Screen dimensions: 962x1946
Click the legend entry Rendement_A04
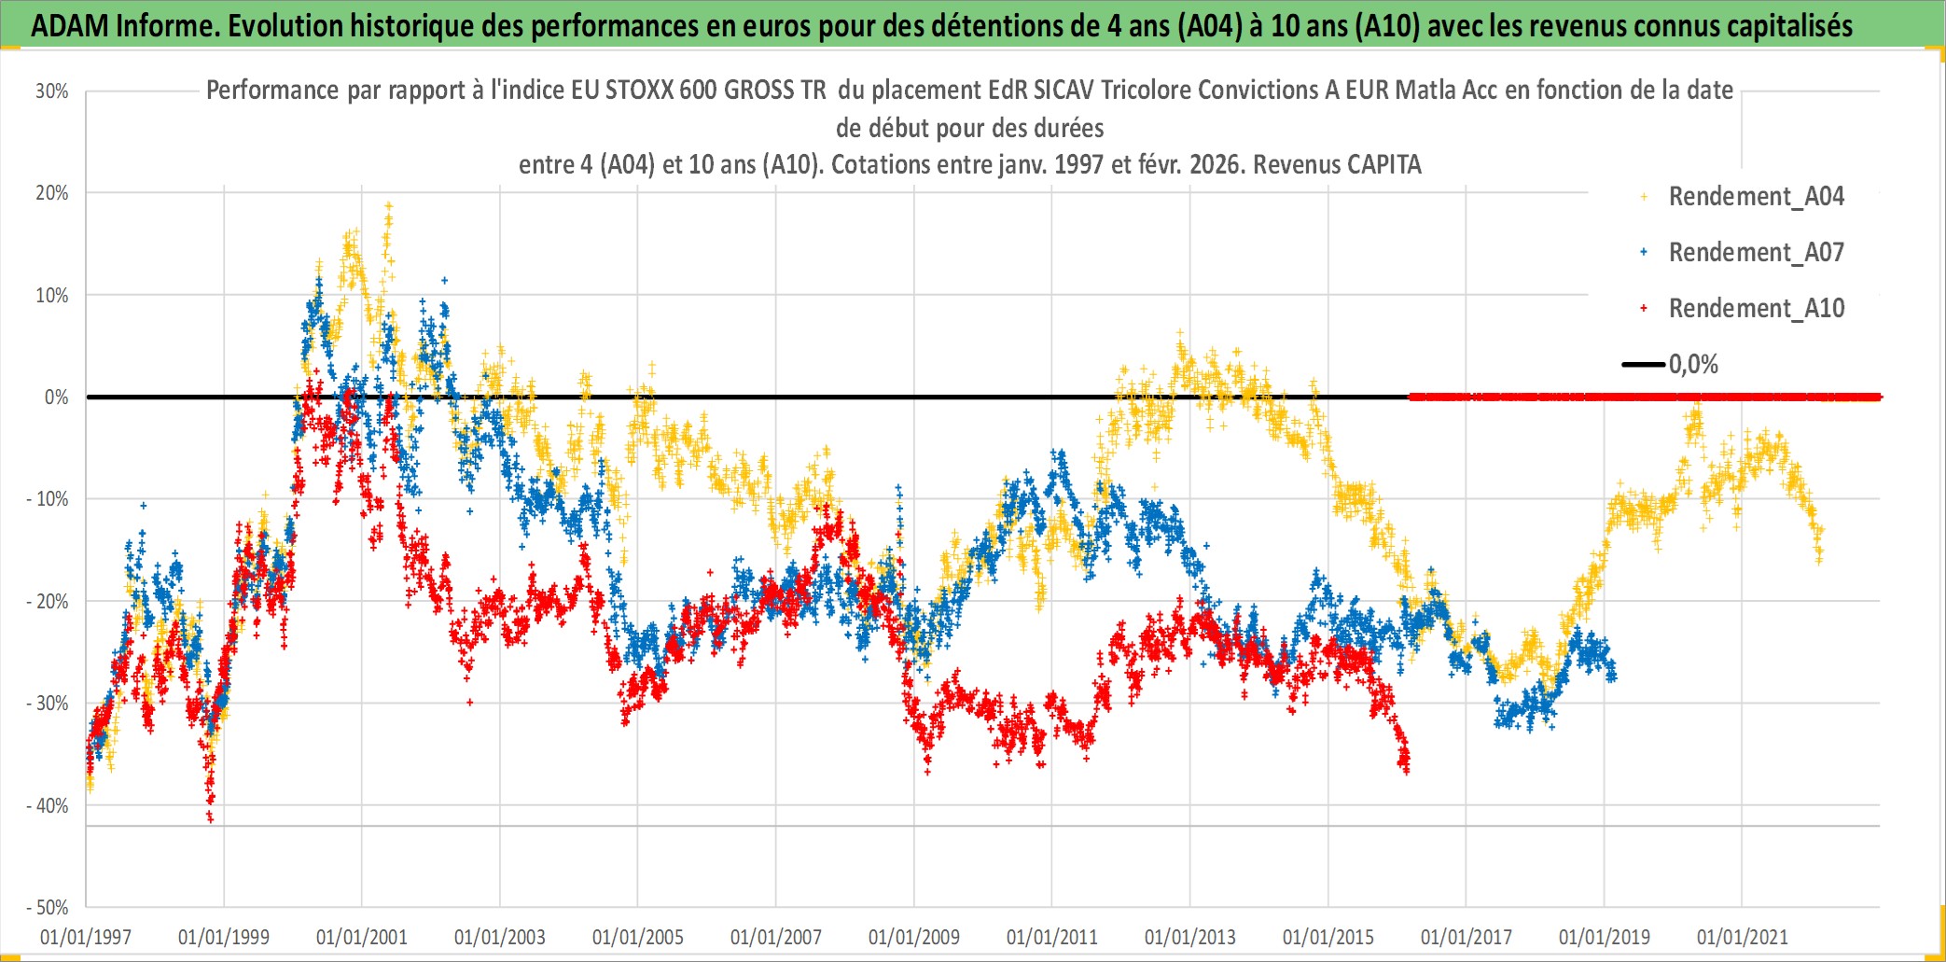[1756, 197]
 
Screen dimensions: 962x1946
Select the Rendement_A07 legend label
[1756, 253]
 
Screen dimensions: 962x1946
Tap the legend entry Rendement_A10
[1756, 309]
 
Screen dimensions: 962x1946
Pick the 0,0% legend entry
[1692, 365]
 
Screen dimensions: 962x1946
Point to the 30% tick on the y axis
[52, 91]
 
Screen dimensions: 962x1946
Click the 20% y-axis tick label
[52, 193]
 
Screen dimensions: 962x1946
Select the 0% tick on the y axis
[56, 397]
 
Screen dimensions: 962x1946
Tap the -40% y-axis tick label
[48, 805]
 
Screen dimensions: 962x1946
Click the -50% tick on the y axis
[48, 907]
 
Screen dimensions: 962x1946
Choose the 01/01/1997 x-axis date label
[86, 937]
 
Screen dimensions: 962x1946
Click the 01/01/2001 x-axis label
[362, 937]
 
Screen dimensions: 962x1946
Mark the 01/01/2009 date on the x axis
[914, 937]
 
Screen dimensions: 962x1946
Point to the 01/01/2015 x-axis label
[1328, 937]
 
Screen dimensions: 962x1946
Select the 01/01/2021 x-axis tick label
[1743, 937]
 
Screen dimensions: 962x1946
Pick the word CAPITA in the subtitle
[1383, 165]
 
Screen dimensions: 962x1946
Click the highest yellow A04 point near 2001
[389, 204]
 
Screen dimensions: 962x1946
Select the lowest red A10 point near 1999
[210, 820]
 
